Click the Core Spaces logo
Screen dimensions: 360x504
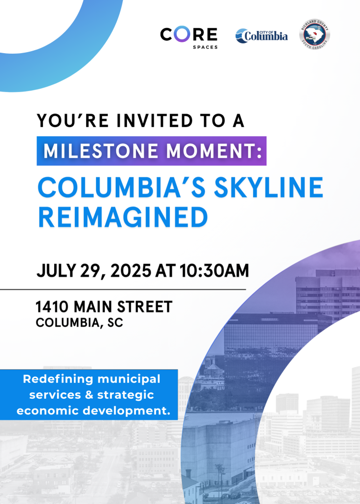(x=189, y=37)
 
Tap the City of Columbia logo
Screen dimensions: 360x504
(x=262, y=35)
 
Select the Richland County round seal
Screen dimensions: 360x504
(x=314, y=34)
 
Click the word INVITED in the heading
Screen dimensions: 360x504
(x=155, y=121)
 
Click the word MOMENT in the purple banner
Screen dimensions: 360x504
(x=211, y=151)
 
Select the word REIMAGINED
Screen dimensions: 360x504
(x=123, y=217)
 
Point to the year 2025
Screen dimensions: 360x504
(x=131, y=271)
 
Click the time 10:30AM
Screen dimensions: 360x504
(x=214, y=271)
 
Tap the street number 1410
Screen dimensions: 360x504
(x=52, y=307)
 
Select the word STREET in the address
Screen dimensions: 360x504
(x=145, y=307)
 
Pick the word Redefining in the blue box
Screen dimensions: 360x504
(x=58, y=379)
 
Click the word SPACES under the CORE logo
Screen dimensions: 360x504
(x=205, y=47)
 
